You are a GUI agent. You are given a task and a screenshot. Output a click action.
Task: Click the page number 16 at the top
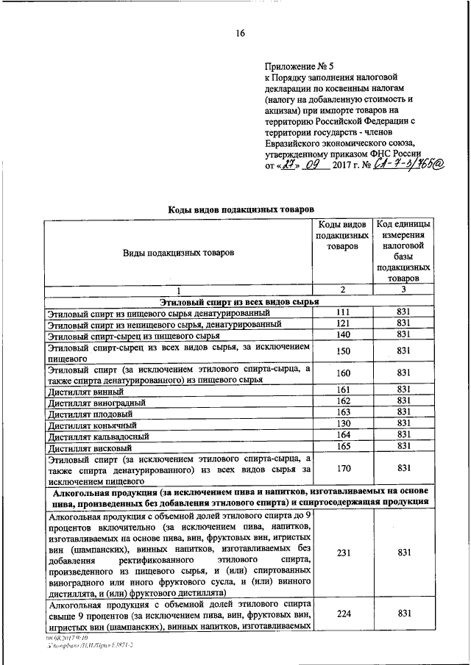[x=240, y=33]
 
